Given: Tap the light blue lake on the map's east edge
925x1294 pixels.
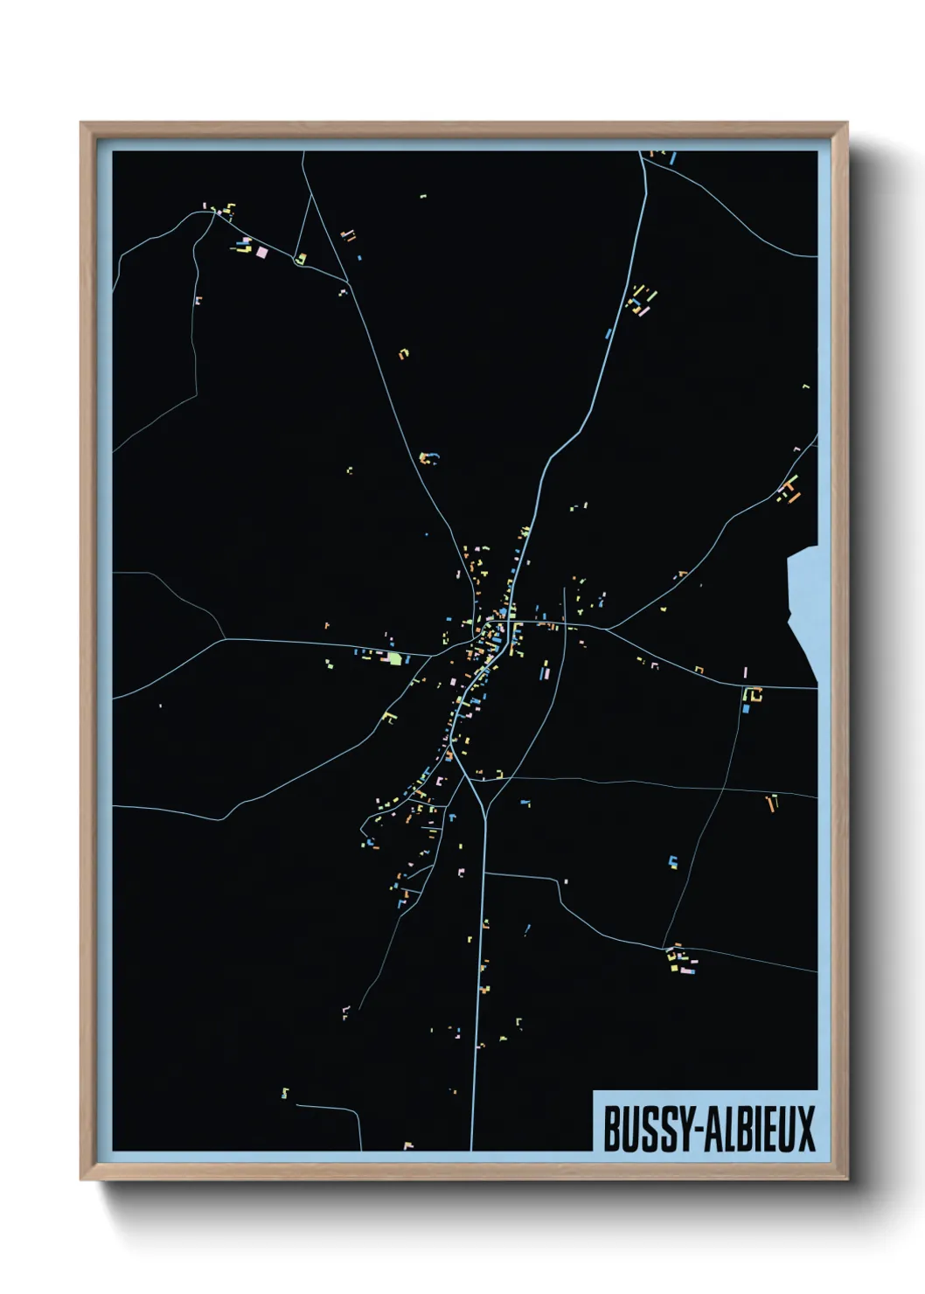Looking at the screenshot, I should point(803,603).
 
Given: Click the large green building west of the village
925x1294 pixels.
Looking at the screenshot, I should point(394,658).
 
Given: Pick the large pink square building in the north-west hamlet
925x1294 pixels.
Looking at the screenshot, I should point(261,252).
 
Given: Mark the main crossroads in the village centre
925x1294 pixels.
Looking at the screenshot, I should point(507,622).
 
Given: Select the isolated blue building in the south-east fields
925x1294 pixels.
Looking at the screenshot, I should point(672,861).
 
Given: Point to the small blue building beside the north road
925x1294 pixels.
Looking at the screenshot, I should point(608,333).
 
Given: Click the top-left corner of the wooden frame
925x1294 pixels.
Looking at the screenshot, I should point(81,123).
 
